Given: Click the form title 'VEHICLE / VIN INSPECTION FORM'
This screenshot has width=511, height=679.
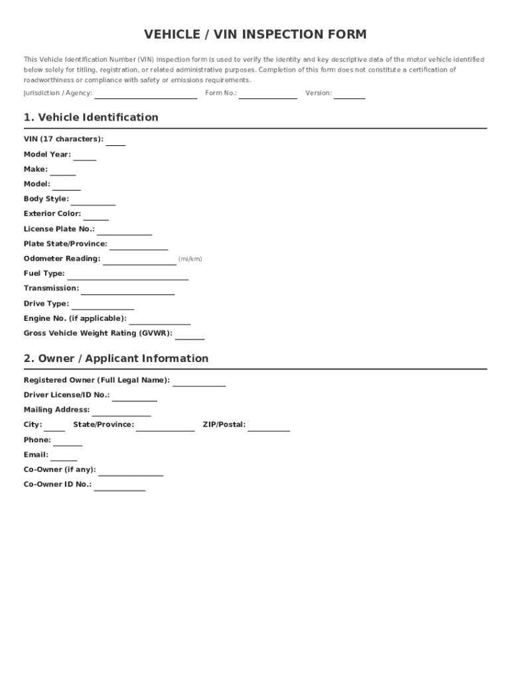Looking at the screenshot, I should point(256,34).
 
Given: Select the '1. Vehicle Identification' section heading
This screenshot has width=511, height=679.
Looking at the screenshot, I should point(91,117).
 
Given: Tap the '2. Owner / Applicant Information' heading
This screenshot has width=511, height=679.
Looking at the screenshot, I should point(116,359).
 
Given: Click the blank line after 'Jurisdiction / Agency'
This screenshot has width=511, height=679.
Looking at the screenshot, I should point(145,95).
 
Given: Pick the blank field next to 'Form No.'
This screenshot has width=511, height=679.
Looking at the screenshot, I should point(268,95).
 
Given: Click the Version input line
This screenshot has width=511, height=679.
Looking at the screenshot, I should point(349,95).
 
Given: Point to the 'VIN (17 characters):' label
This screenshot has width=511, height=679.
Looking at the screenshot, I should point(64,139).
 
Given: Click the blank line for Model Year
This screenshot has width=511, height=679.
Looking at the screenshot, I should point(84,156).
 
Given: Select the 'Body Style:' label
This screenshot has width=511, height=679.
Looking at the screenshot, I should point(46,199).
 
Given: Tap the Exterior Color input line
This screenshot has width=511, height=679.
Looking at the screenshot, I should point(96,216).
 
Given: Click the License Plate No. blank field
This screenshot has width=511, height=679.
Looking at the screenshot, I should point(124,231).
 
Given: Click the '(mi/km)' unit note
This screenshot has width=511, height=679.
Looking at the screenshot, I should point(190,259).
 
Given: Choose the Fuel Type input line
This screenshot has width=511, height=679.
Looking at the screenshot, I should point(127,276).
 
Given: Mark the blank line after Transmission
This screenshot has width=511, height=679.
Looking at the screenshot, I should point(127,291).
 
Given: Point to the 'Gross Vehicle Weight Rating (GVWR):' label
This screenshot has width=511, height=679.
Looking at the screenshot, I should point(98,334).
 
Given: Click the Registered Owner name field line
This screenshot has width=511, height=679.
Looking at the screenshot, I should point(199,383).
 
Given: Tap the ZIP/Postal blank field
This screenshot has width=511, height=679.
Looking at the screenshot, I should point(269,428).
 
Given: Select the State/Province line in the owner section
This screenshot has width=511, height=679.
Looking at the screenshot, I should point(165,428).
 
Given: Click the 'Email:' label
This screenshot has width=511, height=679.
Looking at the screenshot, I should point(36,455).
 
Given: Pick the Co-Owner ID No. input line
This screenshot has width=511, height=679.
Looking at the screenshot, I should point(119,487).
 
